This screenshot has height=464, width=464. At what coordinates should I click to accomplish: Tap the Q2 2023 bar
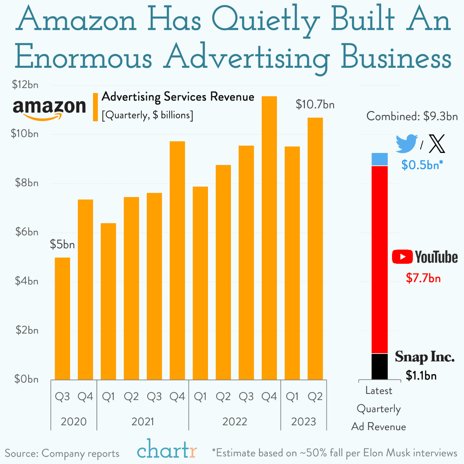pos(315,248)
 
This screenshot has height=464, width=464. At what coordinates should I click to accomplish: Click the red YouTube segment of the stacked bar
pos(380,259)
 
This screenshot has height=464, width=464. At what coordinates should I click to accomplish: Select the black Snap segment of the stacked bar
pos(380,366)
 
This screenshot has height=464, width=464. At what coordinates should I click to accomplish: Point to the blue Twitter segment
pos(380,159)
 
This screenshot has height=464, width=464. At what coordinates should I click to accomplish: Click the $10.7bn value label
pos(315,105)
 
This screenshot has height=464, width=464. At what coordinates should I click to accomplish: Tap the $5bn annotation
pos(62,244)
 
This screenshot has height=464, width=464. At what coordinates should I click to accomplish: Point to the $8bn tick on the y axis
pos(27,183)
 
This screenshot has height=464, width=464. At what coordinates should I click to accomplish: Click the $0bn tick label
pos(27,379)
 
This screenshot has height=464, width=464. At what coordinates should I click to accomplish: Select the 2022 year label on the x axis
pos(235,421)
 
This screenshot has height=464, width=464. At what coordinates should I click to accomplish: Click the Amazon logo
pos(49,109)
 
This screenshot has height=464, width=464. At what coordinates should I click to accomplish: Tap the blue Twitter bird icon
pos(406,143)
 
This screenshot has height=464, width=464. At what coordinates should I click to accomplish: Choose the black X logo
pos(437,144)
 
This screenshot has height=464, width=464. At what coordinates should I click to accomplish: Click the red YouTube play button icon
pos(402,257)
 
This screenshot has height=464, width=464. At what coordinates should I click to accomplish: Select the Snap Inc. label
pos(424,357)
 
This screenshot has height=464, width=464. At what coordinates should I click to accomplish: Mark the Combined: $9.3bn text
pos(412,116)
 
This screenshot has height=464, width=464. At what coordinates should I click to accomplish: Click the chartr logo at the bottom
pos(167,450)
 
